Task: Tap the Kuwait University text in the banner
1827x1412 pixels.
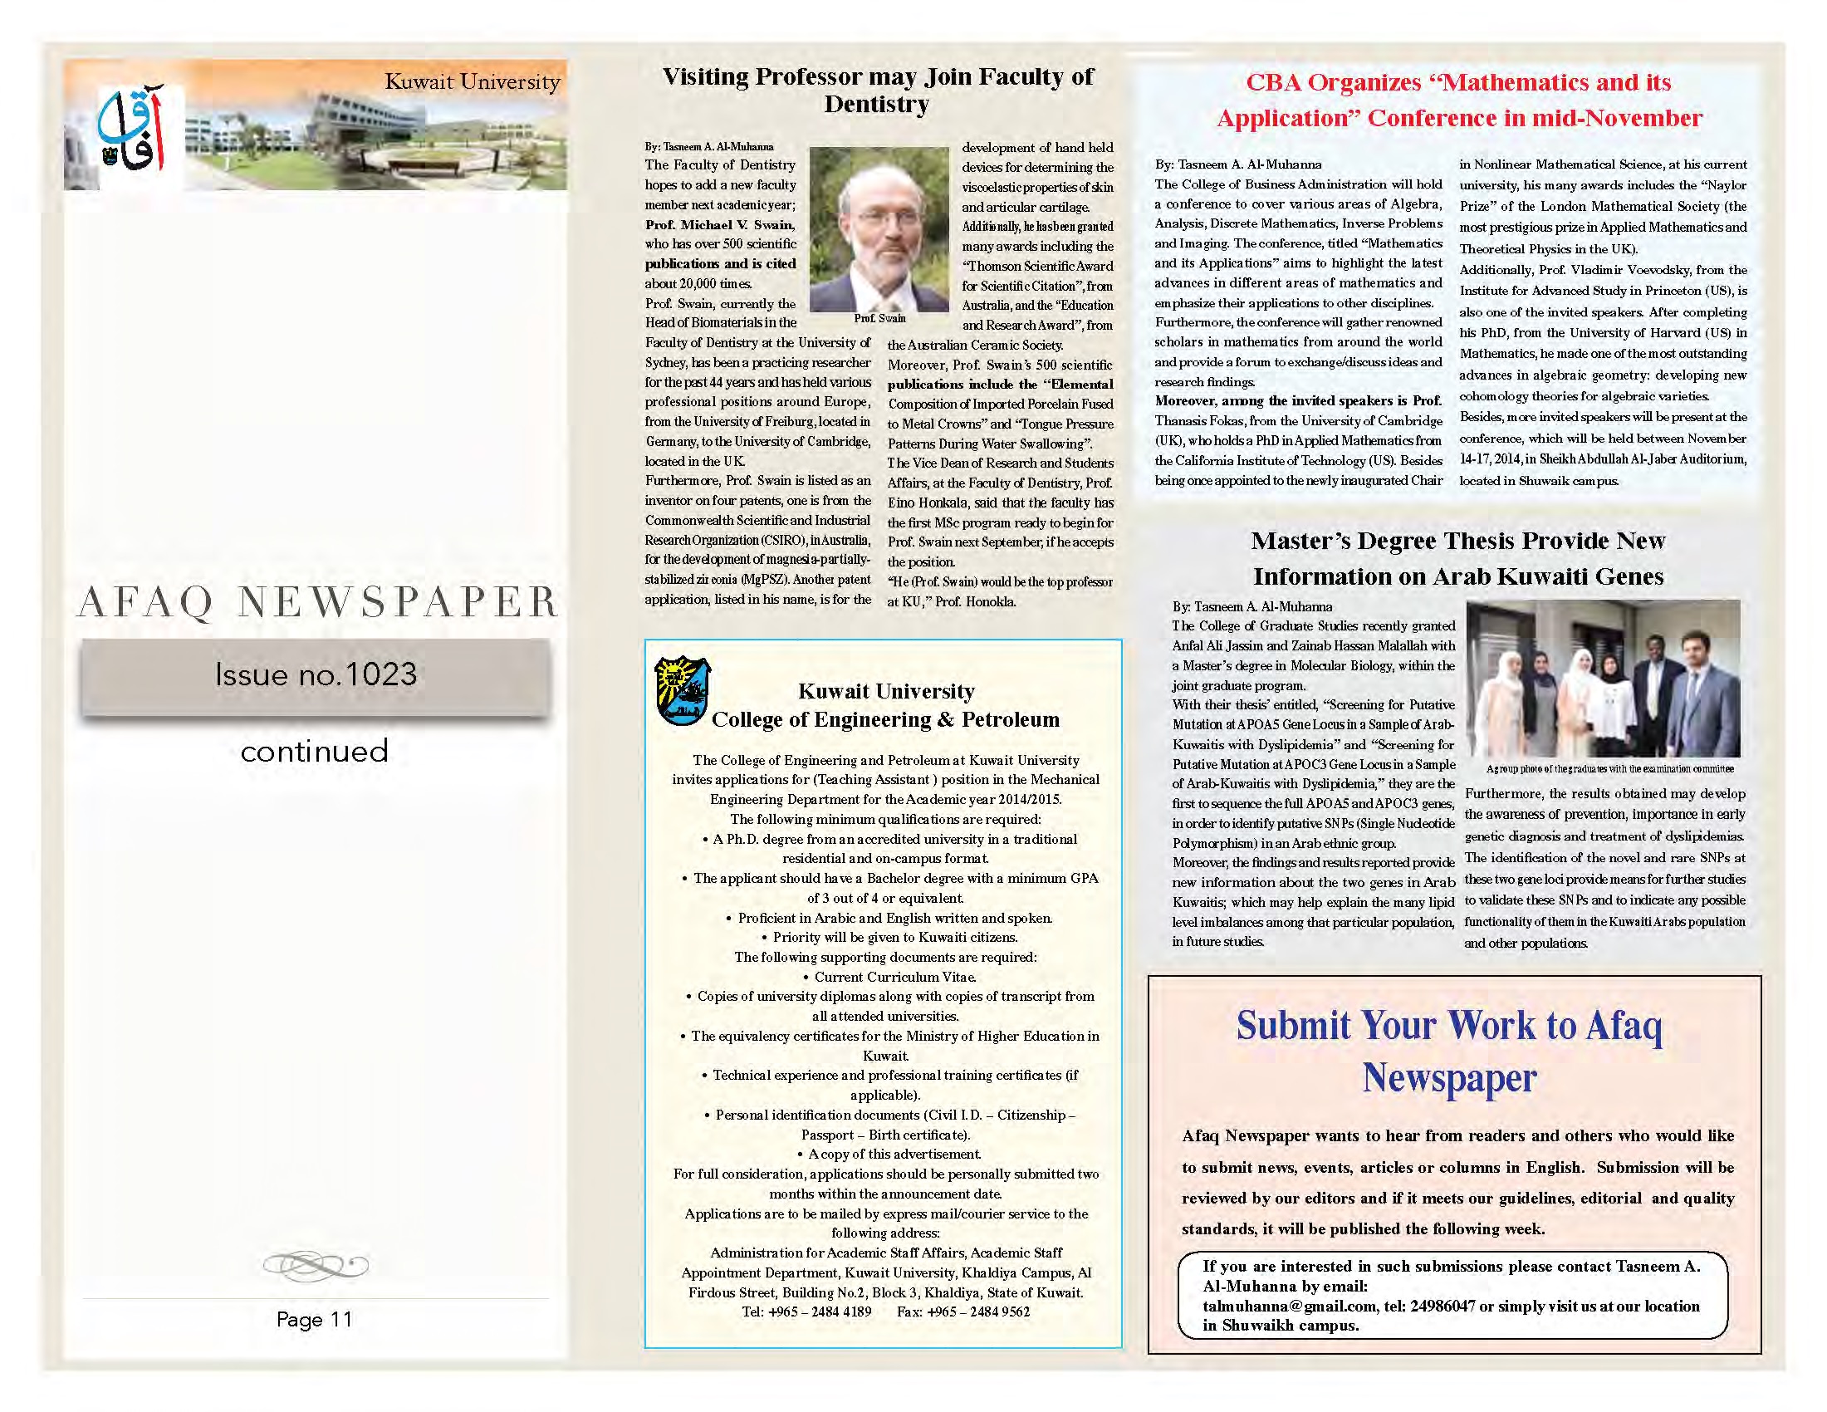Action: point(472,82)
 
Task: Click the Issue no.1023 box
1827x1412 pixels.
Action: point(316,675)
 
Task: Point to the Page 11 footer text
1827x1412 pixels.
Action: point(315,1319)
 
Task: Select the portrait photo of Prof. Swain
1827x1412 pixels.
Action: point(879,228)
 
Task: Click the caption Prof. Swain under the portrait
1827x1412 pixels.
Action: point(879,319)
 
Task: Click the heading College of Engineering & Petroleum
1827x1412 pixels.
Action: point(885,719)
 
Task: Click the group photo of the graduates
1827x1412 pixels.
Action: point(1603,679)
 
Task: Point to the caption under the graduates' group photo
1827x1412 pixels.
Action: point(1609,769)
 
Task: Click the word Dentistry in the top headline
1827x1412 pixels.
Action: point(876,105)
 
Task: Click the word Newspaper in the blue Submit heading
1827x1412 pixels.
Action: point(1449,1078)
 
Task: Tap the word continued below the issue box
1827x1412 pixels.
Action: point(315,751)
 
